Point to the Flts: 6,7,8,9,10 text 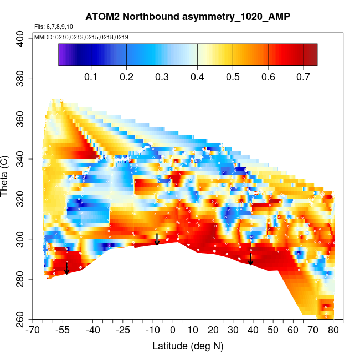click(54, 27)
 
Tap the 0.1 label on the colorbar click(91, 76)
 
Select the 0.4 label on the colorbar click(197, 76)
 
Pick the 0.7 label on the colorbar click(303, 76)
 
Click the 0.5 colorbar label click(233, 76)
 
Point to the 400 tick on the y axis click(20, 38)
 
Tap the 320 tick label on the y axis click(20, 199)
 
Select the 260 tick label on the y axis click(20, 320)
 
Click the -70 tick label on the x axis click(33, 331)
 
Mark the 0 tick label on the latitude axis click(173, 331)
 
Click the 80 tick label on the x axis click(333, 331)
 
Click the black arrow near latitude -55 click(66, 268)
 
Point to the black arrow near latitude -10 click(157, 239)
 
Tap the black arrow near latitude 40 click(250, 259)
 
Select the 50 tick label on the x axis click(274, 331)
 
